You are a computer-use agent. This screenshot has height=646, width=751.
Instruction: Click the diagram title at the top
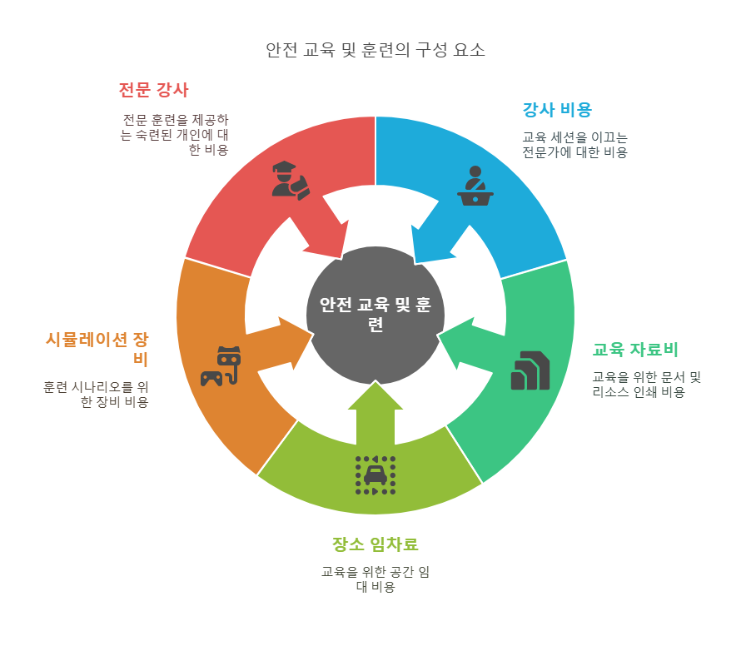click(x=375, y=50)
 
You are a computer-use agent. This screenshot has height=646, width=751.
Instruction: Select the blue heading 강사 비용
click(x=557, y=109)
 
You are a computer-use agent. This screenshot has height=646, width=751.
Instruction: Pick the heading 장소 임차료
click(x=375, y=544)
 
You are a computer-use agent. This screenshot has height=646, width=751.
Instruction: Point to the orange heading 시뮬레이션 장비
click(x=97, y=349)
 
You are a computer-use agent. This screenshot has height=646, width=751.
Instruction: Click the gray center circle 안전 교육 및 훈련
click(x=375, y=314)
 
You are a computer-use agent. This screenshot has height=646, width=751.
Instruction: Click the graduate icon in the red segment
click(x=290, y=179)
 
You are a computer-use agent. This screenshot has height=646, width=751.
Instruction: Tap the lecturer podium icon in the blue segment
click(x=475, y=186)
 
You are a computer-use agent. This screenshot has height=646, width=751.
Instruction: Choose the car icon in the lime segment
click(x=375, y=475)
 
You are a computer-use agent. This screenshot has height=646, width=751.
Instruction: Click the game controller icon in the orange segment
click(x=221, y=366)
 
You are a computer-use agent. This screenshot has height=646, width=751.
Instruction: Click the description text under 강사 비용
click(x=574, y=145)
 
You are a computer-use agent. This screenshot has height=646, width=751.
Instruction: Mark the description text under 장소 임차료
click(x=375, y=579)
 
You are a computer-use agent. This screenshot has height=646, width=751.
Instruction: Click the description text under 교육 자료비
click(x=646, y=385)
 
